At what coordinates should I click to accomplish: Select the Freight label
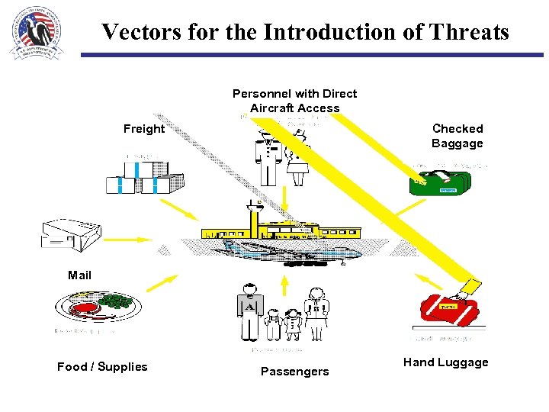[x=144, y=129]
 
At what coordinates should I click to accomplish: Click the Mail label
[x=79, y=275]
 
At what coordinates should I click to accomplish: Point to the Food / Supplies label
[x=102, y=367]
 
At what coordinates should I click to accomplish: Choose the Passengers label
[x=294, y=372]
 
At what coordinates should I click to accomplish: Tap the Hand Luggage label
[x=445, y=362]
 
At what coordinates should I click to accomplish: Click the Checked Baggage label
[x=457, y=136]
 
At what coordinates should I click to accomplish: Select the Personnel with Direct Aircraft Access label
[x=294, y=101]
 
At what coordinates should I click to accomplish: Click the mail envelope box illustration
[x=70, y=233]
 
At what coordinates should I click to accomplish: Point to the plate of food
[x=98, y=307]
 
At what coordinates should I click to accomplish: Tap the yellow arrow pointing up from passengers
[x=284, y=284]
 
